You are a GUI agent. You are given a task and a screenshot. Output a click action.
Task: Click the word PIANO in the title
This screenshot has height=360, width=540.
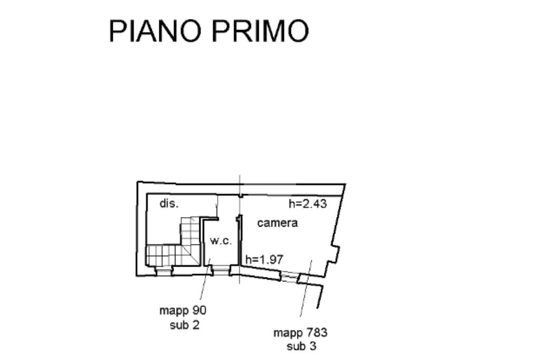(155, 31)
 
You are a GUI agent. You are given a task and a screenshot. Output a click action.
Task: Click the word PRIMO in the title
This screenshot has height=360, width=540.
(261, 31)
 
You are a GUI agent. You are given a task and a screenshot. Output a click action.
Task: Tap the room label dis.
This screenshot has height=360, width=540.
(169, 203)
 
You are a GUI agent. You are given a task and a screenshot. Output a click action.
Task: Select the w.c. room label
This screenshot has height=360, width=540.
(221, 240)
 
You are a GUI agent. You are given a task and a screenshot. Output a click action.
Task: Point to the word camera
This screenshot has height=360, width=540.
(277, 223)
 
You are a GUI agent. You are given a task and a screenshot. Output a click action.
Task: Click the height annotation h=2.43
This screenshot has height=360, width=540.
(307, 204)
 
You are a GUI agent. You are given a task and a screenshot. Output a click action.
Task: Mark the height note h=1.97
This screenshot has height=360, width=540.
(265, 259)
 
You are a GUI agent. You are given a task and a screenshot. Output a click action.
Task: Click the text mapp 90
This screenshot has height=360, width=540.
(183, 311)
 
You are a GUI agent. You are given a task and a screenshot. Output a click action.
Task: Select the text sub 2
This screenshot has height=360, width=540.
(185, 325)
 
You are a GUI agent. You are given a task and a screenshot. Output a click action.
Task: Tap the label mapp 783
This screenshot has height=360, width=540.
(300, 333)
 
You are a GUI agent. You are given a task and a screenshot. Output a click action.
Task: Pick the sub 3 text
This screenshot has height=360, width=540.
(301, 346)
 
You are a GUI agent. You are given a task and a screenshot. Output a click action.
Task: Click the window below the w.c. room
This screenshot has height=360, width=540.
(221, 271)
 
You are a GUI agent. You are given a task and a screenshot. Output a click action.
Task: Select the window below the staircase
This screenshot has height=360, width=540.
(164, 271)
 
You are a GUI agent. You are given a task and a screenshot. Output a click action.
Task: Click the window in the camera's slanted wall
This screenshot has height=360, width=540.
(289, 276)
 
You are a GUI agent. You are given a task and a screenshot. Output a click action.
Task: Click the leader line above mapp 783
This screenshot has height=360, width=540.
(306, 288)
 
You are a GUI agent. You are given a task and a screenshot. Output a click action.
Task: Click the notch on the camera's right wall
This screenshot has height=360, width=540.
(334, 254)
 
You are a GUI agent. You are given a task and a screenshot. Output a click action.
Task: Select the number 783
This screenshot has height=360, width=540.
(316, 333)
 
